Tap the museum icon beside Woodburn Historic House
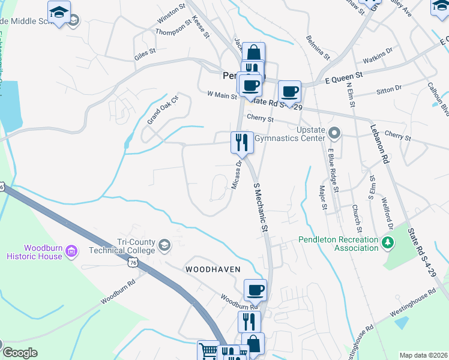click(x=71, y=250)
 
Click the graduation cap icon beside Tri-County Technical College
click(x=164, y=245)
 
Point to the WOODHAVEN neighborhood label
click(x=212, y=269)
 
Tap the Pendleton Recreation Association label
click(x=339, y=244)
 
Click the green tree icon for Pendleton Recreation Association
click(x=388, y=242)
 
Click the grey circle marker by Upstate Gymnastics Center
click(x=336, y=131)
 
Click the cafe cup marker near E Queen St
click(x=289, y=91)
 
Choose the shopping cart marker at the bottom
click(x=208, y=350)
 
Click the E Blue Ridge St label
click(x=333, y=171)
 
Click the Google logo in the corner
click(x=20, y=353)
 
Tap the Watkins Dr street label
click(x=378, y=61)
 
